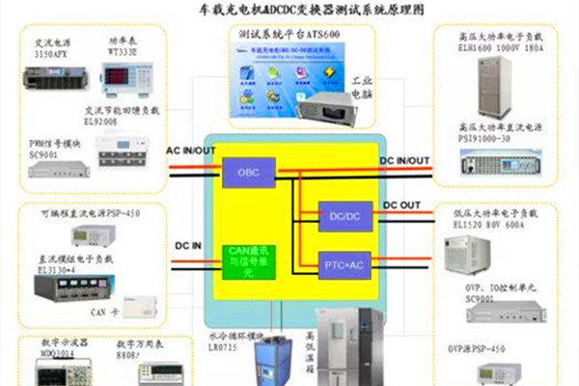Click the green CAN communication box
tap(245, 261)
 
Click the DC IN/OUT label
tap(404, 160)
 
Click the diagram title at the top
tap(290, 9)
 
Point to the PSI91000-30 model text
tap(500, 137)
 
